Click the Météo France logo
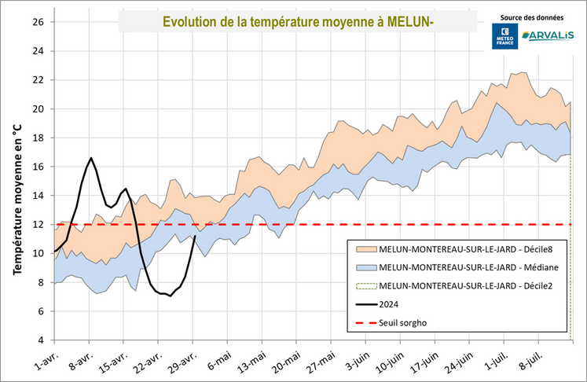(x=503, y=36)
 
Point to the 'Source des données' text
(x=526, y=17)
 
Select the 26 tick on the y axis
(x=38, y=22)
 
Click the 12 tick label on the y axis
(x=38, y=224)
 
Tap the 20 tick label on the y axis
(x=38, y=108)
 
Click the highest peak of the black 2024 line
(x=91, y=158)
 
